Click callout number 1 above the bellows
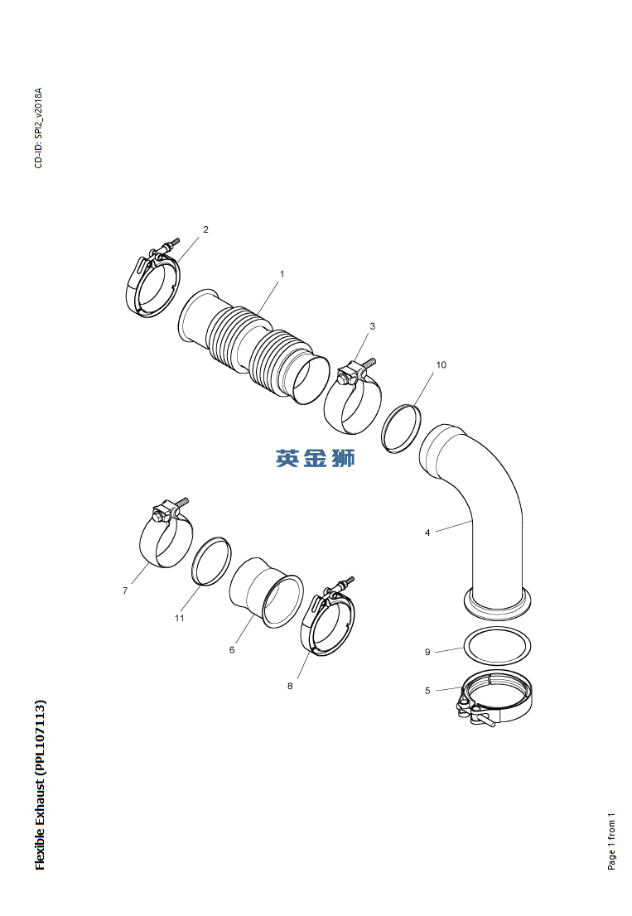(x=282, y=273)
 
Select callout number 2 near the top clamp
(x=205, y=229)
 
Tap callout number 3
(x=372, y=326)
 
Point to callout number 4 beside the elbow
(x=427, y=533)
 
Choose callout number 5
(x=427, y=691)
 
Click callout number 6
(x=232, y=650)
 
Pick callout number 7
(x=125, y=591)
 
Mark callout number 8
(x=290, y=686)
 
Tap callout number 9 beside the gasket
(x=427, y=653)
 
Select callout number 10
(x=441, y=365)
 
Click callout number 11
(x=179, y=618)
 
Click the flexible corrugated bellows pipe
(x=253, y=348)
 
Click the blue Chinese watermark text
(x=316, y=458)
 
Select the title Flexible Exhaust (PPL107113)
(x=40, y=785)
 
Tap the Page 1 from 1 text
(x=611, y=840)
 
